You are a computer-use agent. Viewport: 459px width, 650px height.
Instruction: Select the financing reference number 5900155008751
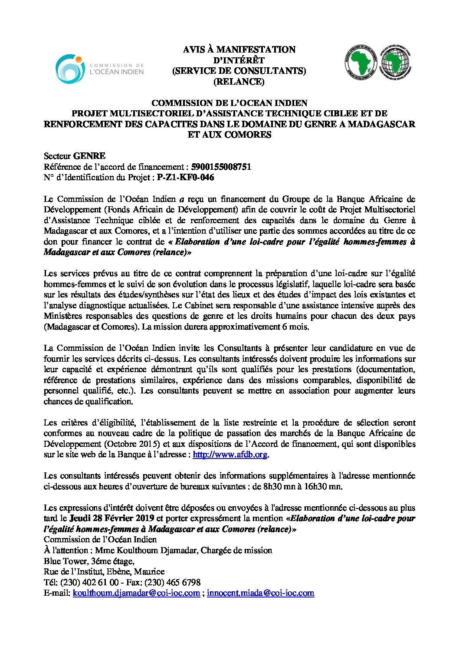[221, 167]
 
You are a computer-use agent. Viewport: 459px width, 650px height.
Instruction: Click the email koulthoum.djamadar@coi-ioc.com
[137, 593]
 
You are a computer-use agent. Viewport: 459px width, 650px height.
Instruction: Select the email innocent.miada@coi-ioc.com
[260, 593]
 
